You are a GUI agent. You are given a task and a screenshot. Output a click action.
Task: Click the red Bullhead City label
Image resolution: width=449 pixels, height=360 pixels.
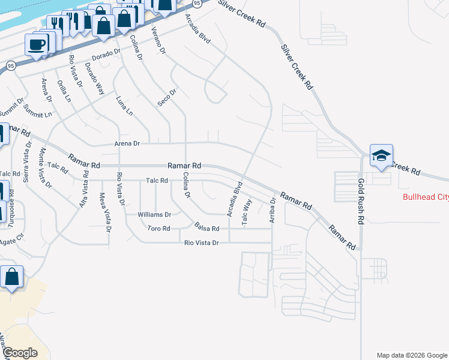pyautogui.click(x=425, y=197)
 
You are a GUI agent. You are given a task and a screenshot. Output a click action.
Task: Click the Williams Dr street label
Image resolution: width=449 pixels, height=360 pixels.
pyautogui.click(x=154, y=214)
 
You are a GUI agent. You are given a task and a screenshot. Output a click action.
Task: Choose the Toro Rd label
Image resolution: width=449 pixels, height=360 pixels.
pyautogui.click(x=159, y=229)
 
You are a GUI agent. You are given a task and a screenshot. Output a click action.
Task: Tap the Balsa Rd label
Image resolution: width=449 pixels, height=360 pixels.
pyautogui.click(x=207, y=227)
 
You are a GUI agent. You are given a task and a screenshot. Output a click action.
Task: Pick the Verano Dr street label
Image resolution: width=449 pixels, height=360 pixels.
pyautogui.click(x=158, y=40)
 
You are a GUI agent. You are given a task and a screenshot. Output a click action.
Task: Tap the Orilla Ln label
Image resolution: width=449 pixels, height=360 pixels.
pyautogui.click(x=64, y=91)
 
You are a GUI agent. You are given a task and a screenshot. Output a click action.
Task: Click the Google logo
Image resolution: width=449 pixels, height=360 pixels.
pyautogui.click(x=20, y=352)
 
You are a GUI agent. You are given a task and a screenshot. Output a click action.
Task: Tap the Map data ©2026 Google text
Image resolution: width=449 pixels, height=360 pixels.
pyautogui.click(x=411, y=355)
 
